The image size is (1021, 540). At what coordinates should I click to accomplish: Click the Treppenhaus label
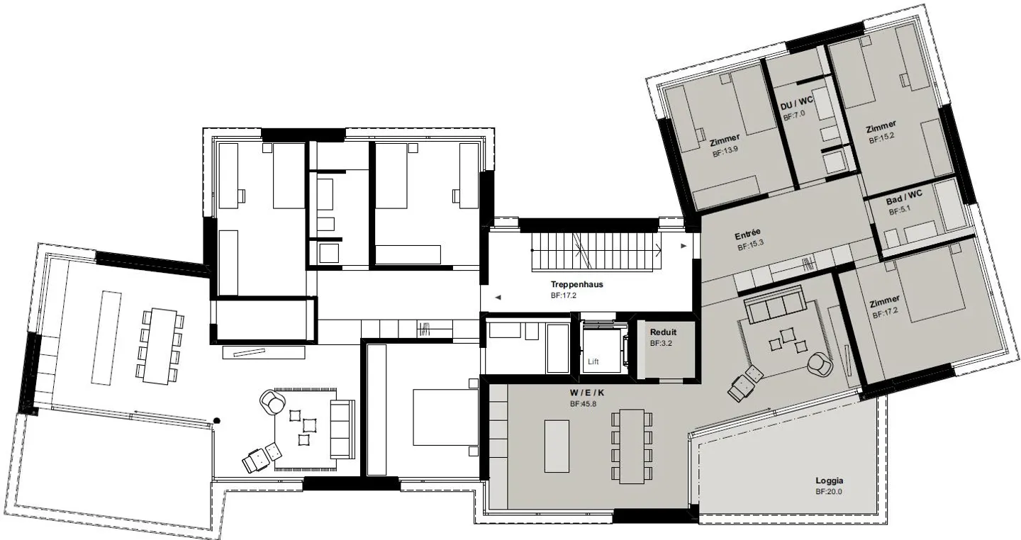pos(576,284)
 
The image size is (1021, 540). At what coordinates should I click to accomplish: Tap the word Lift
pos(593,362)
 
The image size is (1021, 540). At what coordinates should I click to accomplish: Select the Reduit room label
pos(663,332)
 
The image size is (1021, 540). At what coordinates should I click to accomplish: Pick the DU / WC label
pos(796,105)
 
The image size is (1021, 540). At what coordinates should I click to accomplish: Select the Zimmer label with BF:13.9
pos(724,139)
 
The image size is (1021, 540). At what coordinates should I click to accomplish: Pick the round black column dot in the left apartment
pos(217,420)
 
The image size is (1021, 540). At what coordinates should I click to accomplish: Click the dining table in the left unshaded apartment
pos(160,346)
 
